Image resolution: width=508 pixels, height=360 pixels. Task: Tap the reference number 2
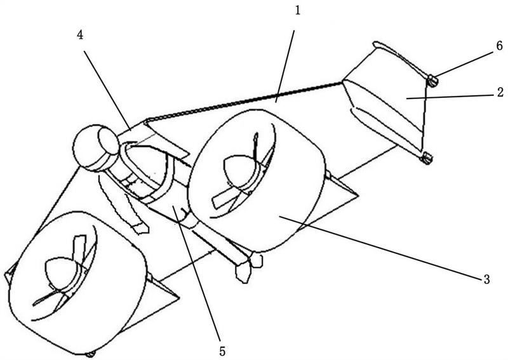pos(500,93)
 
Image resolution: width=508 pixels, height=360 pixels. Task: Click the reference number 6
pos(500,46)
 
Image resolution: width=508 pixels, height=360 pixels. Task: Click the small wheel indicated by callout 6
pos(432,80)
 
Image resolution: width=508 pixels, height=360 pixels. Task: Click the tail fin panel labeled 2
pos(387,105)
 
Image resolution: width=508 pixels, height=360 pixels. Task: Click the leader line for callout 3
pos(381,245)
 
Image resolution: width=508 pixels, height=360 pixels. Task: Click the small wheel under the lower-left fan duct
pos(91,352)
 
